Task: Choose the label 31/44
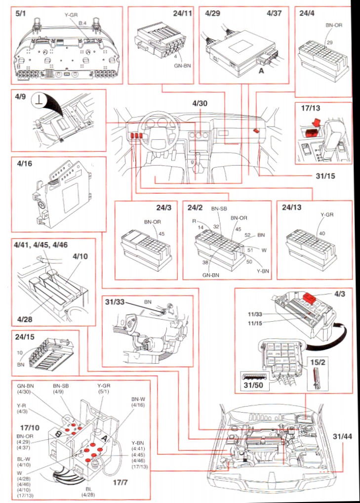(343, 437)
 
